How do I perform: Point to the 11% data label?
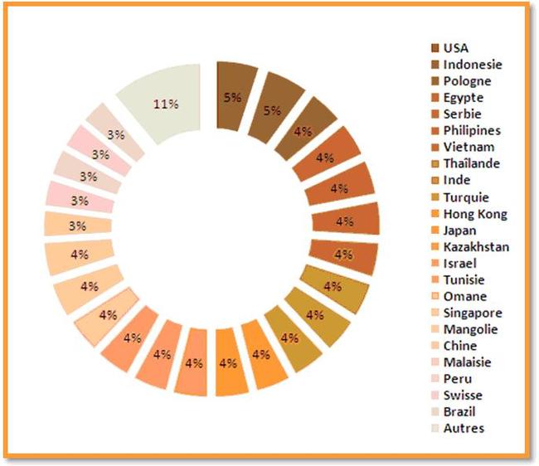click(x=166, y=104)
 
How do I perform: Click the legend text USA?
click(x=456, y=48)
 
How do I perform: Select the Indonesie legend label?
click(x=473, y=65)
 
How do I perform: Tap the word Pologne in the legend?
click(x=467, y=81)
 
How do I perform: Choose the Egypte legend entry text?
click(x=464, y=98)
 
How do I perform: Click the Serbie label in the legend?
click(x=462, y=114)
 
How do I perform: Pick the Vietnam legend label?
click(x=465, y=148)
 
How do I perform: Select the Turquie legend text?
click(x=466, y=197)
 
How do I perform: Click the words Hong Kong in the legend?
click(x=475, y=214)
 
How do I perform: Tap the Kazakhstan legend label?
click(x=476, y=247)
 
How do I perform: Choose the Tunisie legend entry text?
click(x=464, y=280)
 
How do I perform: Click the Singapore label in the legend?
click(x=473, y=313)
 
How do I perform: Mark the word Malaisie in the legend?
click(x=467, y=362)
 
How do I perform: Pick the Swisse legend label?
click(x=463, y=396)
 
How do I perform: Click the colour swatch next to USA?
click(x=435, y=48)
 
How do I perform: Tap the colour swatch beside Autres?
click(x=435, y=429)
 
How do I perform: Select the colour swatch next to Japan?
click(x=435, y=231)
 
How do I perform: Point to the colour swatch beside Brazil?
click(x=435, y=412)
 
